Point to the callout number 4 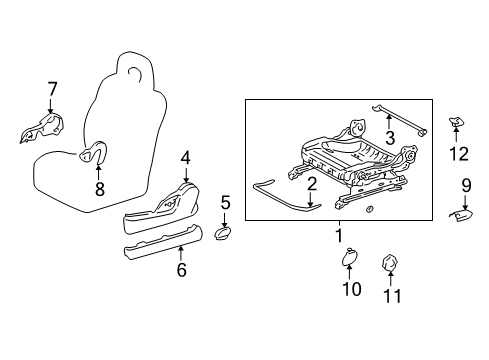click(185, 157)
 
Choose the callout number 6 click(181, 269)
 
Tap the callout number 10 click(350, 291)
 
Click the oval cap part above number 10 click(349, 259)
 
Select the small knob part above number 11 click(390, 263)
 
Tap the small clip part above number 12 click(456, 122)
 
